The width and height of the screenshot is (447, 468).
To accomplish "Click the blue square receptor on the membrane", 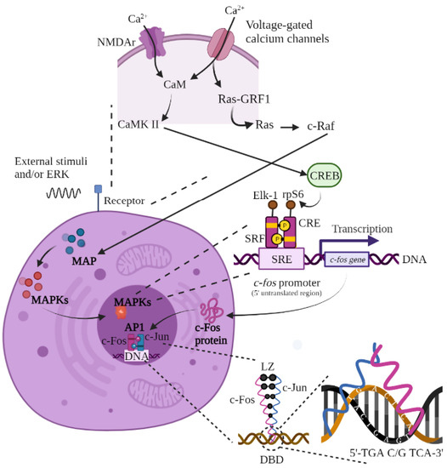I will pyautogui.click(x=99, y=186).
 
